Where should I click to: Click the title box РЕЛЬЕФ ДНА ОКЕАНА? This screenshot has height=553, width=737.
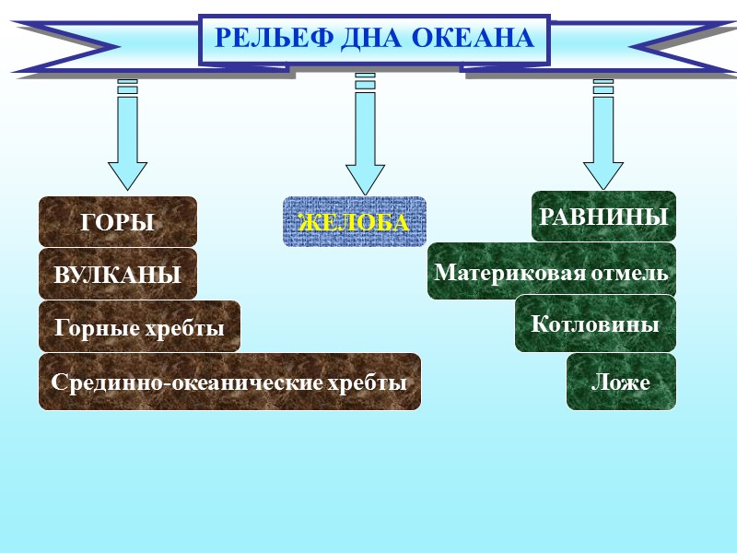(374, 40)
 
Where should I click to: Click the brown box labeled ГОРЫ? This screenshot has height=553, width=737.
(118, 222)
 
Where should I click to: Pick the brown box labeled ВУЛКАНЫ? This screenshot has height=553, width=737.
(118, 274)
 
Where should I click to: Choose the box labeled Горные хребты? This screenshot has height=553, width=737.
(139, 326)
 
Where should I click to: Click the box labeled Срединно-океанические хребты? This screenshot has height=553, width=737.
(229, 382)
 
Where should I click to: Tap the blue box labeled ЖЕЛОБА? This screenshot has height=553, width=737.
(355, 222)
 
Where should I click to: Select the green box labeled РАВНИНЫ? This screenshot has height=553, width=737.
(603, 217)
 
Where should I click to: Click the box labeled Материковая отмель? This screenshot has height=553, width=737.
(551, 272)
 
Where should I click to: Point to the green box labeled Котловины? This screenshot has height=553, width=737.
(595, 324)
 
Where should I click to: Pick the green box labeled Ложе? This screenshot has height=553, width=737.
(621, 382)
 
